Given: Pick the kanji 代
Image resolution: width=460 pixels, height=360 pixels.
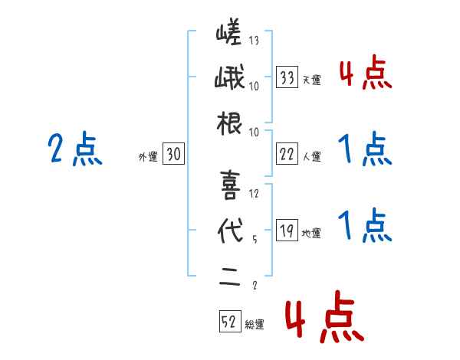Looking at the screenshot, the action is pos(229,231).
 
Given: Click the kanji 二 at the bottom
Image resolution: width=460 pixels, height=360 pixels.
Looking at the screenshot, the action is pos(229,276).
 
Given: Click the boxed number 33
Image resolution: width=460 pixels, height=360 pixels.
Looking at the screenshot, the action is pos(287,77).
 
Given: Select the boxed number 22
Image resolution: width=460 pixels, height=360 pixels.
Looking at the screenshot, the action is pos(287,153).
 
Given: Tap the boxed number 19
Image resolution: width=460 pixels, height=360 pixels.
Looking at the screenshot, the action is pos(287,230).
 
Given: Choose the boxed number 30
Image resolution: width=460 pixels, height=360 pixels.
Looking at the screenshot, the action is pos(173,155).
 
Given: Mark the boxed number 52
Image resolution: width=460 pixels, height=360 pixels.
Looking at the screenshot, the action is pos(229,322).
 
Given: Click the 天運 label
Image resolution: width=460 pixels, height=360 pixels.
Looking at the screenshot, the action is pos(311,80).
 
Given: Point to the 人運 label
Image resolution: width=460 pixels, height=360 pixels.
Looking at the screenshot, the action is pos(311,156).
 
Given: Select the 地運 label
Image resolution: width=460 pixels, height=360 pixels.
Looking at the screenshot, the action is pos(311,233).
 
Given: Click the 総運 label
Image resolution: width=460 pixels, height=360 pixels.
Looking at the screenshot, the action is pos(254,325).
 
